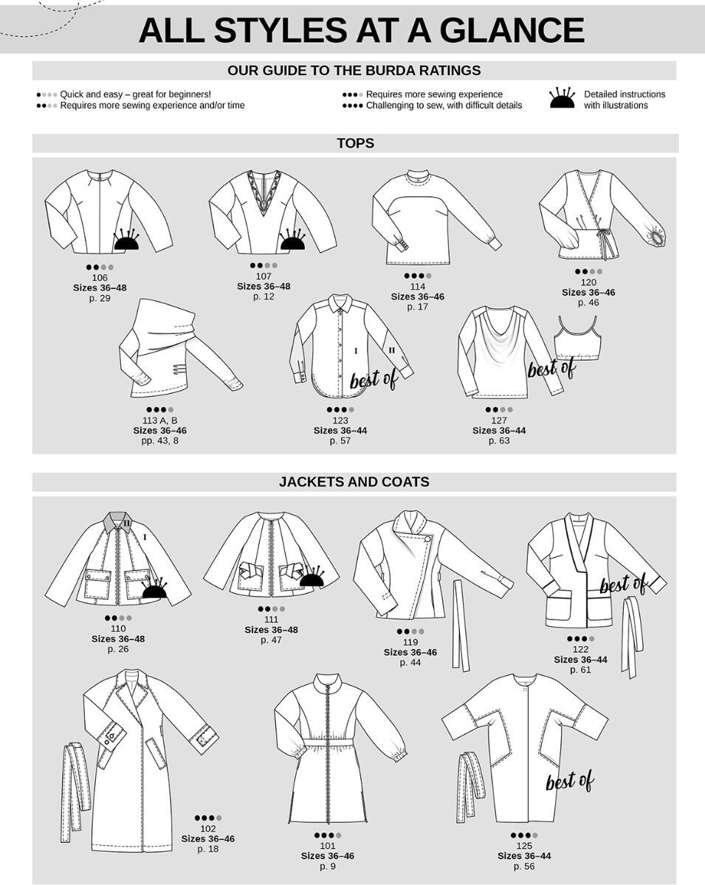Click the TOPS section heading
click(355, 143)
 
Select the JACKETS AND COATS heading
click(354, 482)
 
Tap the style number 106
click(100, 277)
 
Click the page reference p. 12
click(264, 296)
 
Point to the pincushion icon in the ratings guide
click(562, 98)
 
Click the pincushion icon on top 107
click(293, 240)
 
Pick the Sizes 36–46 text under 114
click(418, 296)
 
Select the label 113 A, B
click(159, 420)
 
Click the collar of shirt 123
click(340, 304)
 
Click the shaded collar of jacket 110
click(119, 521)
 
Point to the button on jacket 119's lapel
click(427, 539)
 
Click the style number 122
click(580, 649)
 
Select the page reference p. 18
click(208, 848)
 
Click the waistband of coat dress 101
click(329, 741)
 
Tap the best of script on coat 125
click(569, 780)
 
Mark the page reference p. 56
click(524, 866)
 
